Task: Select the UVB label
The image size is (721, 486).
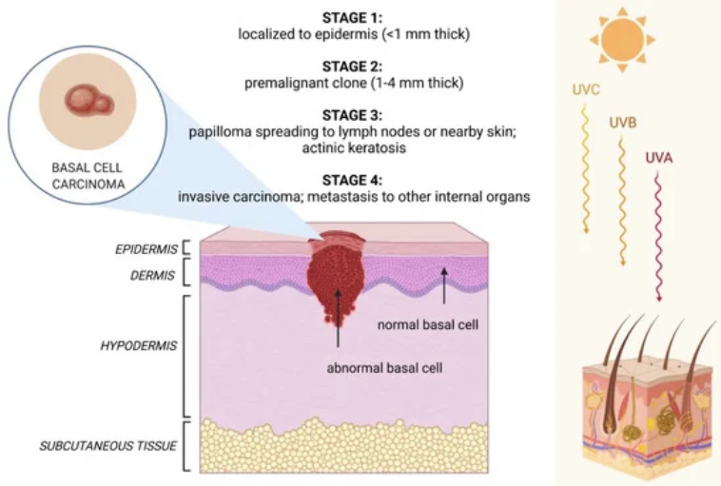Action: [623, 123]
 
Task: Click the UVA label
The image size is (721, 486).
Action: [658, 157]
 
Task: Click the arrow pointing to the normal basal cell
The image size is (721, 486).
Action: [443, 284]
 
